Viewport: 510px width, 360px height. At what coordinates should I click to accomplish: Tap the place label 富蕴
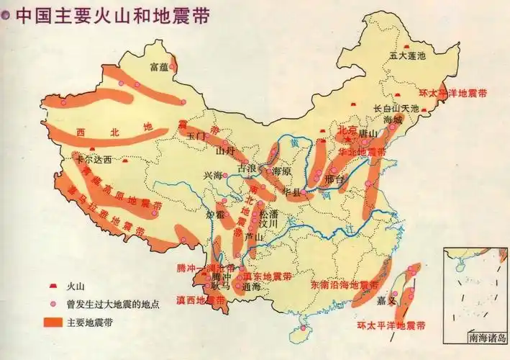[x=158, y=67]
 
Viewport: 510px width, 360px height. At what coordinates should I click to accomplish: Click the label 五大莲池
[x=407, y=55]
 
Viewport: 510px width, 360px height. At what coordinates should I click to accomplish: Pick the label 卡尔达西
[x=94, y=159]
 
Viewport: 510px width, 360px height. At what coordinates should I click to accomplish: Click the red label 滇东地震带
[x=268, y=276]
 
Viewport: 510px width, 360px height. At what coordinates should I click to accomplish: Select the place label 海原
[x=278, y=171]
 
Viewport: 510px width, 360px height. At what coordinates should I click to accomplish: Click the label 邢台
[x=334, y=178]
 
